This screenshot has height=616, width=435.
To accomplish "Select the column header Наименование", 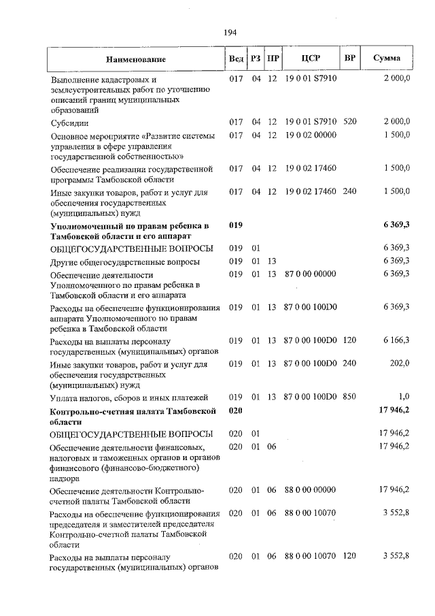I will pyautogui.click(x=136, y=59).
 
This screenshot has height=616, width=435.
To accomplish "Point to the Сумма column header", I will pyautogui.click(x=386, y=59).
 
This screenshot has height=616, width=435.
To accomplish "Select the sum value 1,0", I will pyautogui.click(x=404, y=397).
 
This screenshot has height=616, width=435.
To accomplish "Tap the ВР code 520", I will pyautogui.click(x=349, y=122).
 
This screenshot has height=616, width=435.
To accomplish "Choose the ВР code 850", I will pyautogui.click(x=349, y=397).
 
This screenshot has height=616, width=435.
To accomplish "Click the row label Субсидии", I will pyautogui.click(x=69, y=123).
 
